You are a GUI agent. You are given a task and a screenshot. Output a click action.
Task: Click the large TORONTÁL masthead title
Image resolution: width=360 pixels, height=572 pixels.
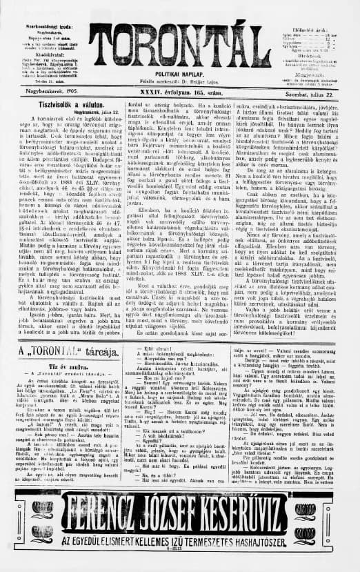[179, 46]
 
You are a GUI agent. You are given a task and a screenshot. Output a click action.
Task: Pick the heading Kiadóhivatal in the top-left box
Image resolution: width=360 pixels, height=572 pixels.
[42, 53]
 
